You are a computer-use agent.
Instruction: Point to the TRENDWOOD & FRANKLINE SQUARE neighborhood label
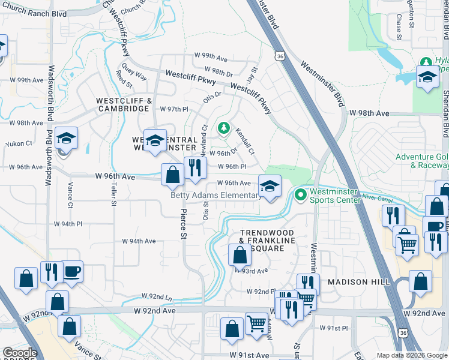tap(267, 236)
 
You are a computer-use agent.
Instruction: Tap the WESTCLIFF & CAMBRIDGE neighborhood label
tap(122, 104)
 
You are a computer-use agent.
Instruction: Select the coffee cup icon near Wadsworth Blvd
tap(72, 271)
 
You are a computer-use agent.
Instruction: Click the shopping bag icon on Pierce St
tap(173, 175)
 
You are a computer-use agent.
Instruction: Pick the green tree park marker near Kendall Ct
tap(224, 127)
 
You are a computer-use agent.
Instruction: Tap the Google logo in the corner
tap(20, 353)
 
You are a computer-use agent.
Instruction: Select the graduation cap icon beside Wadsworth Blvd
tap(66, 138)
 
